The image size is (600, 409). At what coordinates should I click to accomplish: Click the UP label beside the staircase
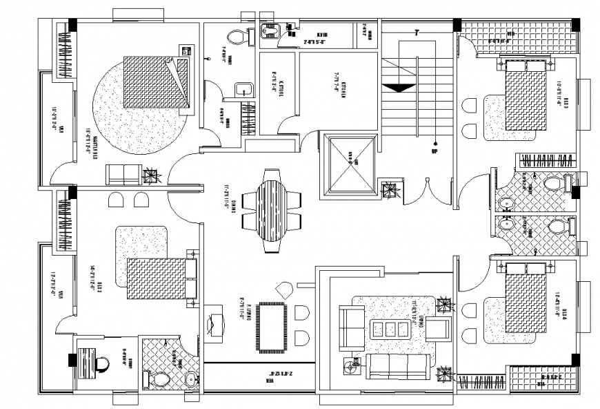click(434, 151)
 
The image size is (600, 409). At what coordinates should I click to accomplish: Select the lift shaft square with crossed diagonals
click(348, 164)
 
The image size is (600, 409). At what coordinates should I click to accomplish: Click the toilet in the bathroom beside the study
click(160, 379)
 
